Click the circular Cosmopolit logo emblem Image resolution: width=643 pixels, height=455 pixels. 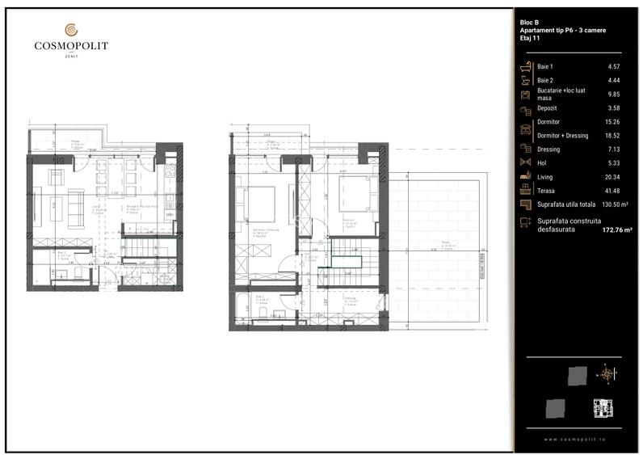click(x=71, y=31)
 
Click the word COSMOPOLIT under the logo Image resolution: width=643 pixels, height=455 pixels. click(x=71, y=46)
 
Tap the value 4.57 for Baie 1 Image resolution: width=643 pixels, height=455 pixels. click(x=614, y=65)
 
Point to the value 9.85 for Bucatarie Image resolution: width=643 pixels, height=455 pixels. click(x=614, y=94)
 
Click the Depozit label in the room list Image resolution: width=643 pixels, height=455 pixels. click(x=547, y=107)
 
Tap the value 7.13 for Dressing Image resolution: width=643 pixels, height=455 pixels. click(x=614, y=149)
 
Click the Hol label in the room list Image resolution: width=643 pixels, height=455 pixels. click(x=542, y=162)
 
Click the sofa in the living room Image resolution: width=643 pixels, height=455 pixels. click(x=75, y=209)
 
